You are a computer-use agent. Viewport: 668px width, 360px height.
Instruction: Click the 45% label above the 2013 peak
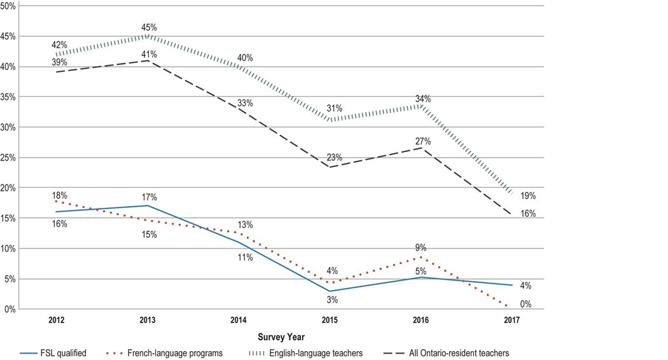point(149,27)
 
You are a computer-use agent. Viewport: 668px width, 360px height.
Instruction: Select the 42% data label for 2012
point(60,45)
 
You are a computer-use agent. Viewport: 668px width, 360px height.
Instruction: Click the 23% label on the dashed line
point(335,157)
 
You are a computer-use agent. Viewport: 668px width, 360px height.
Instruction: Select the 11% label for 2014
point(246,257)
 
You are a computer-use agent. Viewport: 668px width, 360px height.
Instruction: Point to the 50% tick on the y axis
point(9,6)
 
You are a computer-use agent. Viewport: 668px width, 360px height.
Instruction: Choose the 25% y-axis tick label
point(9,158)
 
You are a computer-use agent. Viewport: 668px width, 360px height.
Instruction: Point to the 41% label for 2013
point(149,53)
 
